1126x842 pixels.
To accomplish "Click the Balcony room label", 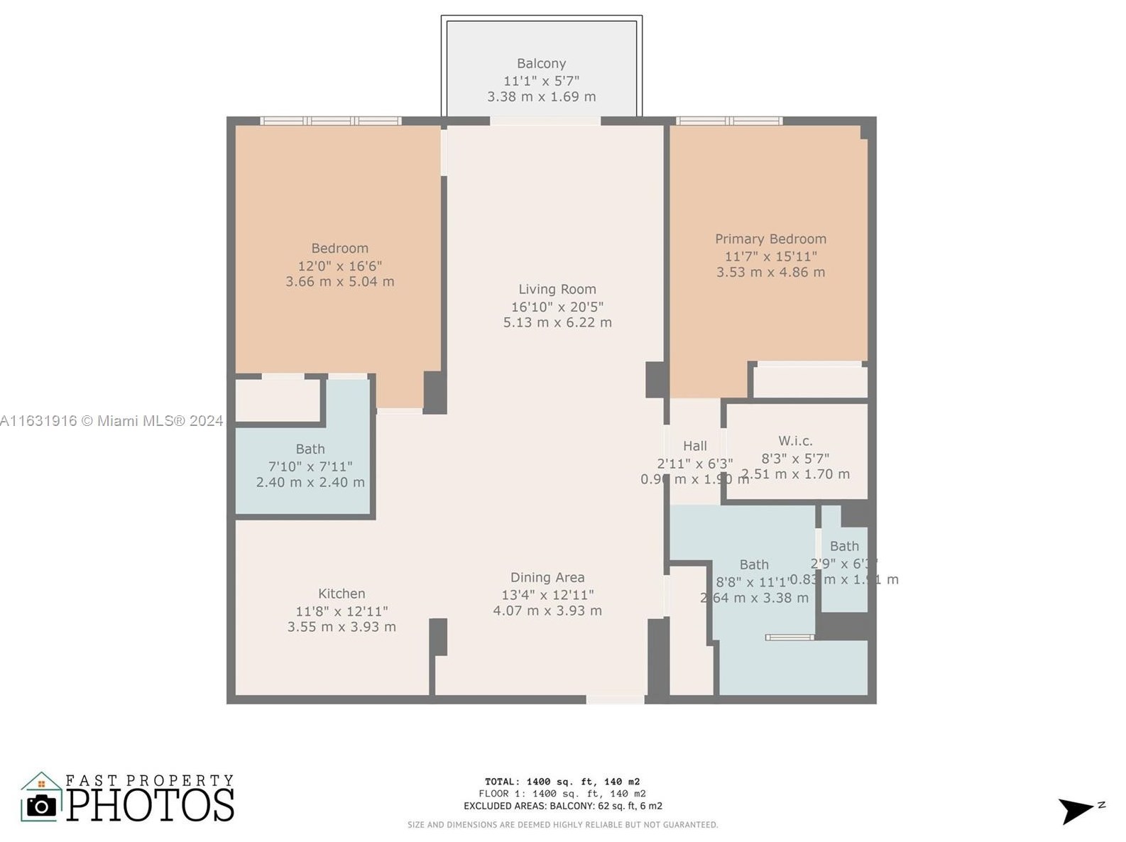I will pos(541,64).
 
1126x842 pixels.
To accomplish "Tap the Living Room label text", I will pos(557,290).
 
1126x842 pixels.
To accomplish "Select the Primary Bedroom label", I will pos(770,239).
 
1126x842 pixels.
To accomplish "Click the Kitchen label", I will pos(341,594).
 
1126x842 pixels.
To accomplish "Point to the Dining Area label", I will pos(547,578).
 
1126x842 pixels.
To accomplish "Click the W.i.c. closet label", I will pos(795,441).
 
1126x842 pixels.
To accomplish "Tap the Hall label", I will pos(694,446).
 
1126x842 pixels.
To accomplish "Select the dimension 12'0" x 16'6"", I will pos(339,266).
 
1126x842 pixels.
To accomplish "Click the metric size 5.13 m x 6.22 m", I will pos(557,322).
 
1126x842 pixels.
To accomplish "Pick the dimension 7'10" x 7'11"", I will pos(310,467).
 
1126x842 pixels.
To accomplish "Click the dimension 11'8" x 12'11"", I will pos(341,611).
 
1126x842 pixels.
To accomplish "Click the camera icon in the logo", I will pos(41,805).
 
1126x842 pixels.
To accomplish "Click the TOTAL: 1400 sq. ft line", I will pos(562,782).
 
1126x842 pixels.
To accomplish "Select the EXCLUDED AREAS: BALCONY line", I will pos(562,806).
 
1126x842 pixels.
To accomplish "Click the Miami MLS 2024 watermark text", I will pos(111,421).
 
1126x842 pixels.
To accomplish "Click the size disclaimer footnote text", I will pos(562,825).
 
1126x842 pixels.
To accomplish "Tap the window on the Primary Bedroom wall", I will pos(728,121).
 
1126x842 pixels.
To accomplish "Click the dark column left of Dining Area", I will pos(439,637).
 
